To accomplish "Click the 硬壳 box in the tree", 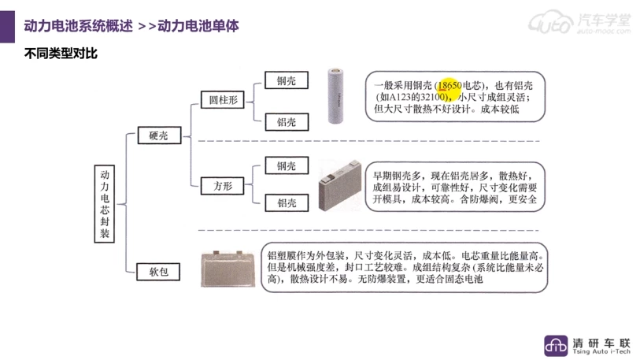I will pos(159,135).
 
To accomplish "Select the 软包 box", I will pos(159,273).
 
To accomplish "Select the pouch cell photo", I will pos(228,270).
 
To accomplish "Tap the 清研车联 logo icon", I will pos(557,344).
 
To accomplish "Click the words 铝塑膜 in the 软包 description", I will pos(281,256).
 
